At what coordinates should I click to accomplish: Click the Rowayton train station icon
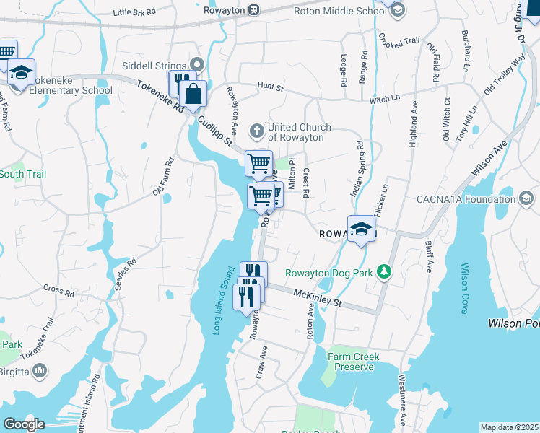tap(253, 9)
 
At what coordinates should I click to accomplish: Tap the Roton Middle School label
tap(340, 11)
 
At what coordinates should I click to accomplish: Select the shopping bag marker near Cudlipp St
tap(193, 94)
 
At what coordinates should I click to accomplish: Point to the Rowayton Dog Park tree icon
tap(385, 272)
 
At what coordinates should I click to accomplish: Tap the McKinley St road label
tap(318, 297)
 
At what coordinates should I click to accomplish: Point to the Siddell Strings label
tap(155, 66)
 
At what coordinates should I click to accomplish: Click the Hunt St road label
tap(271, 87)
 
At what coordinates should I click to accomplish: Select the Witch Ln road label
tap(385, 98)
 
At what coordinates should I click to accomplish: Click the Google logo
tap(24, 424)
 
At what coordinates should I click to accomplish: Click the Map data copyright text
tap(509, 427)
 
